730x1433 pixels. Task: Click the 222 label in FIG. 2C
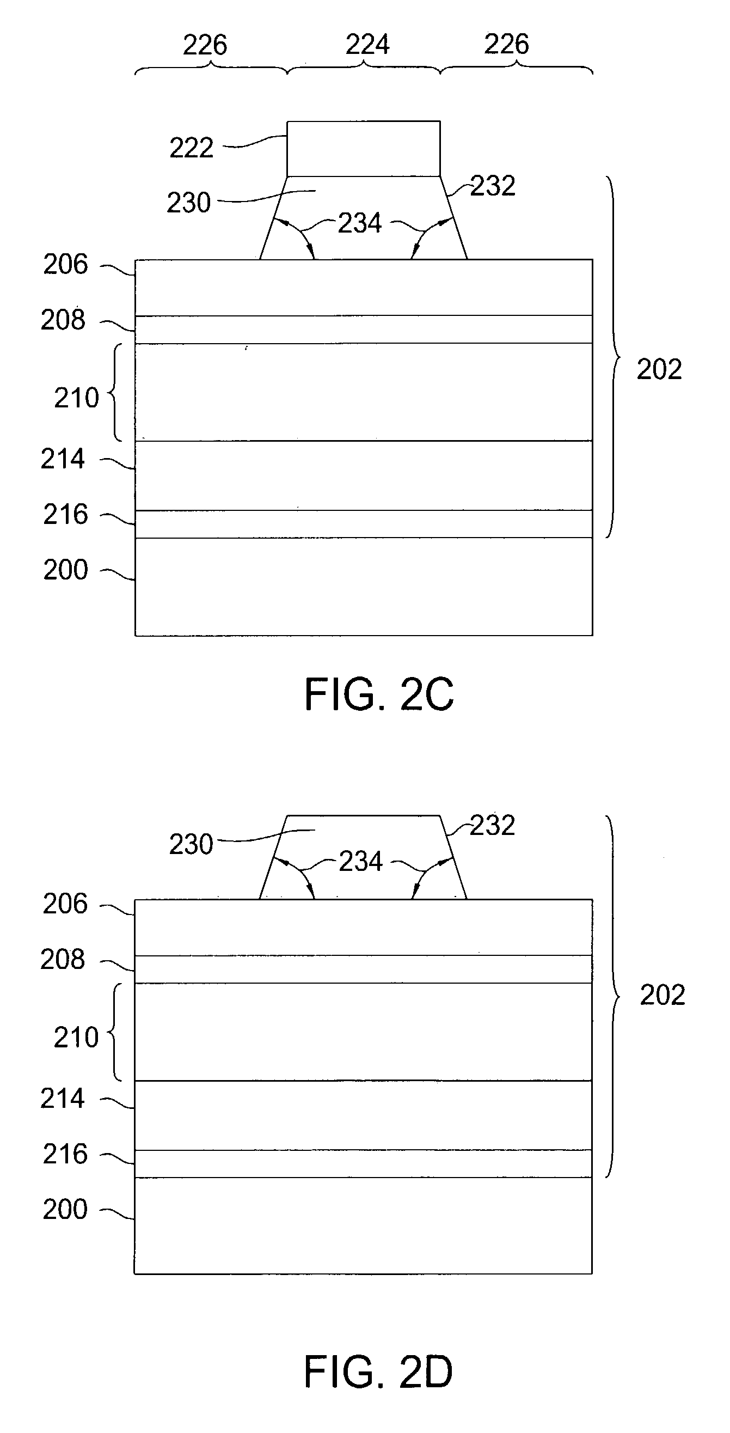click(191, 149)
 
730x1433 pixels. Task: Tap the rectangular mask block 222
click(363, 149)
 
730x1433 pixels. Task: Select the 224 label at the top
click(367, 45)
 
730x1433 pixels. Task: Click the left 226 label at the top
click(205, 45)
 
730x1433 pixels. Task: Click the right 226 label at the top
click(506, 45)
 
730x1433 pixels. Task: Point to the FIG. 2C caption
click(379, 694)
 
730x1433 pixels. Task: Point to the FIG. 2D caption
click(379, 1372)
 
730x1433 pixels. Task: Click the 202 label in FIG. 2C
click(659, 369)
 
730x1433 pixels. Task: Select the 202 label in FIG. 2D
click(662, 995)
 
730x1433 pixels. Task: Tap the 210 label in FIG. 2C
click(76, 398)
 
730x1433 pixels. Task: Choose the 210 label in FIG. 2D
click(76, 1038)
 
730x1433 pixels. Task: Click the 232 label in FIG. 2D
click(493, 825)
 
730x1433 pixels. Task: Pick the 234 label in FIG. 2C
click(360, 224)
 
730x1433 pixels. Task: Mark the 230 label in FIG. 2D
click(191, 844)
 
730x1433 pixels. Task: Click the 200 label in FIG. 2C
click(66, 570)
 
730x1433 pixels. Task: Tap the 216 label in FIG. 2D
click(65, 1154)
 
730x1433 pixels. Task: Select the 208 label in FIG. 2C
click(63, 320)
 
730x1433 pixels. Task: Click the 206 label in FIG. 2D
click(65, 904)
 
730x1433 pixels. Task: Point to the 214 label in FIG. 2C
click(62, 460)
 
